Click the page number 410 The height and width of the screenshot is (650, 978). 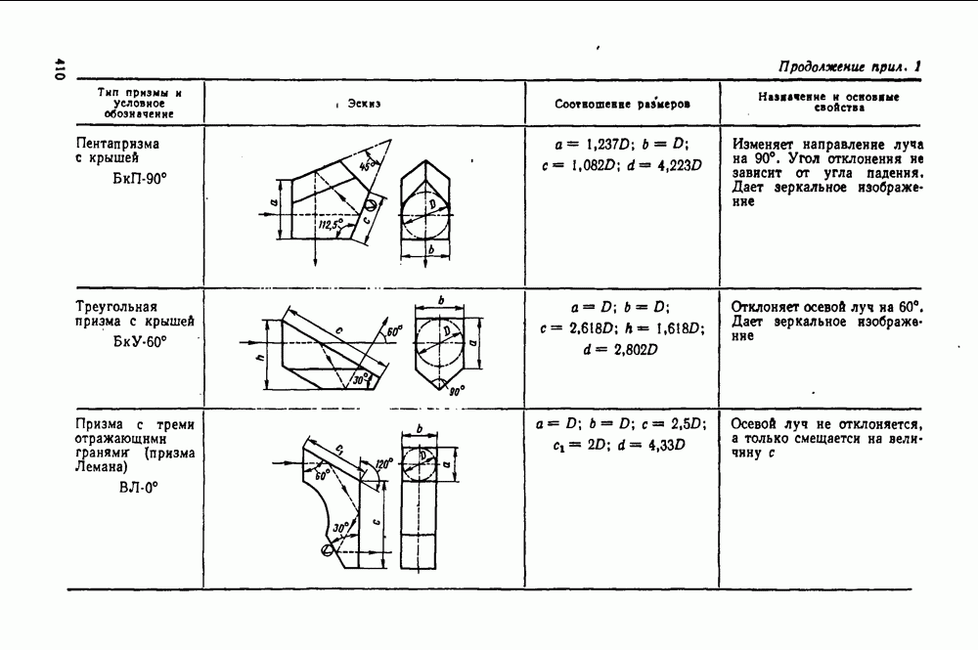(60, 68)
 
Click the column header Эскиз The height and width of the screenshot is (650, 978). (364, 104)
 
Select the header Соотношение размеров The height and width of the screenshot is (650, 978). (622, 104)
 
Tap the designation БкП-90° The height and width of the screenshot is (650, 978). (140, 179)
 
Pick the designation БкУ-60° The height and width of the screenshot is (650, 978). (140, 342)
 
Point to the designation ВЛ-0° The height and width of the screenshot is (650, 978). (139, 488)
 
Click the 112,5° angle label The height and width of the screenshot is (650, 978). (331, 225)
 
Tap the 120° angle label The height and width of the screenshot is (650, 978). (384, 464)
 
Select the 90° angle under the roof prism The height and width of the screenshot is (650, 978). (457, 391)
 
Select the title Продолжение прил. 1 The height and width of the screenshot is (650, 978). (850, 66)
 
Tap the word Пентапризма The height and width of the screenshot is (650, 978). (117, 144)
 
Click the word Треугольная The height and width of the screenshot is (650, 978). (116, 307)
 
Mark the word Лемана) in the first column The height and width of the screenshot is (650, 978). (101, 467)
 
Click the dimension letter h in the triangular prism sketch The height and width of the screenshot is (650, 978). (260, 356)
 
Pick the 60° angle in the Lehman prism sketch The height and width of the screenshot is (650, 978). (322, 475)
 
